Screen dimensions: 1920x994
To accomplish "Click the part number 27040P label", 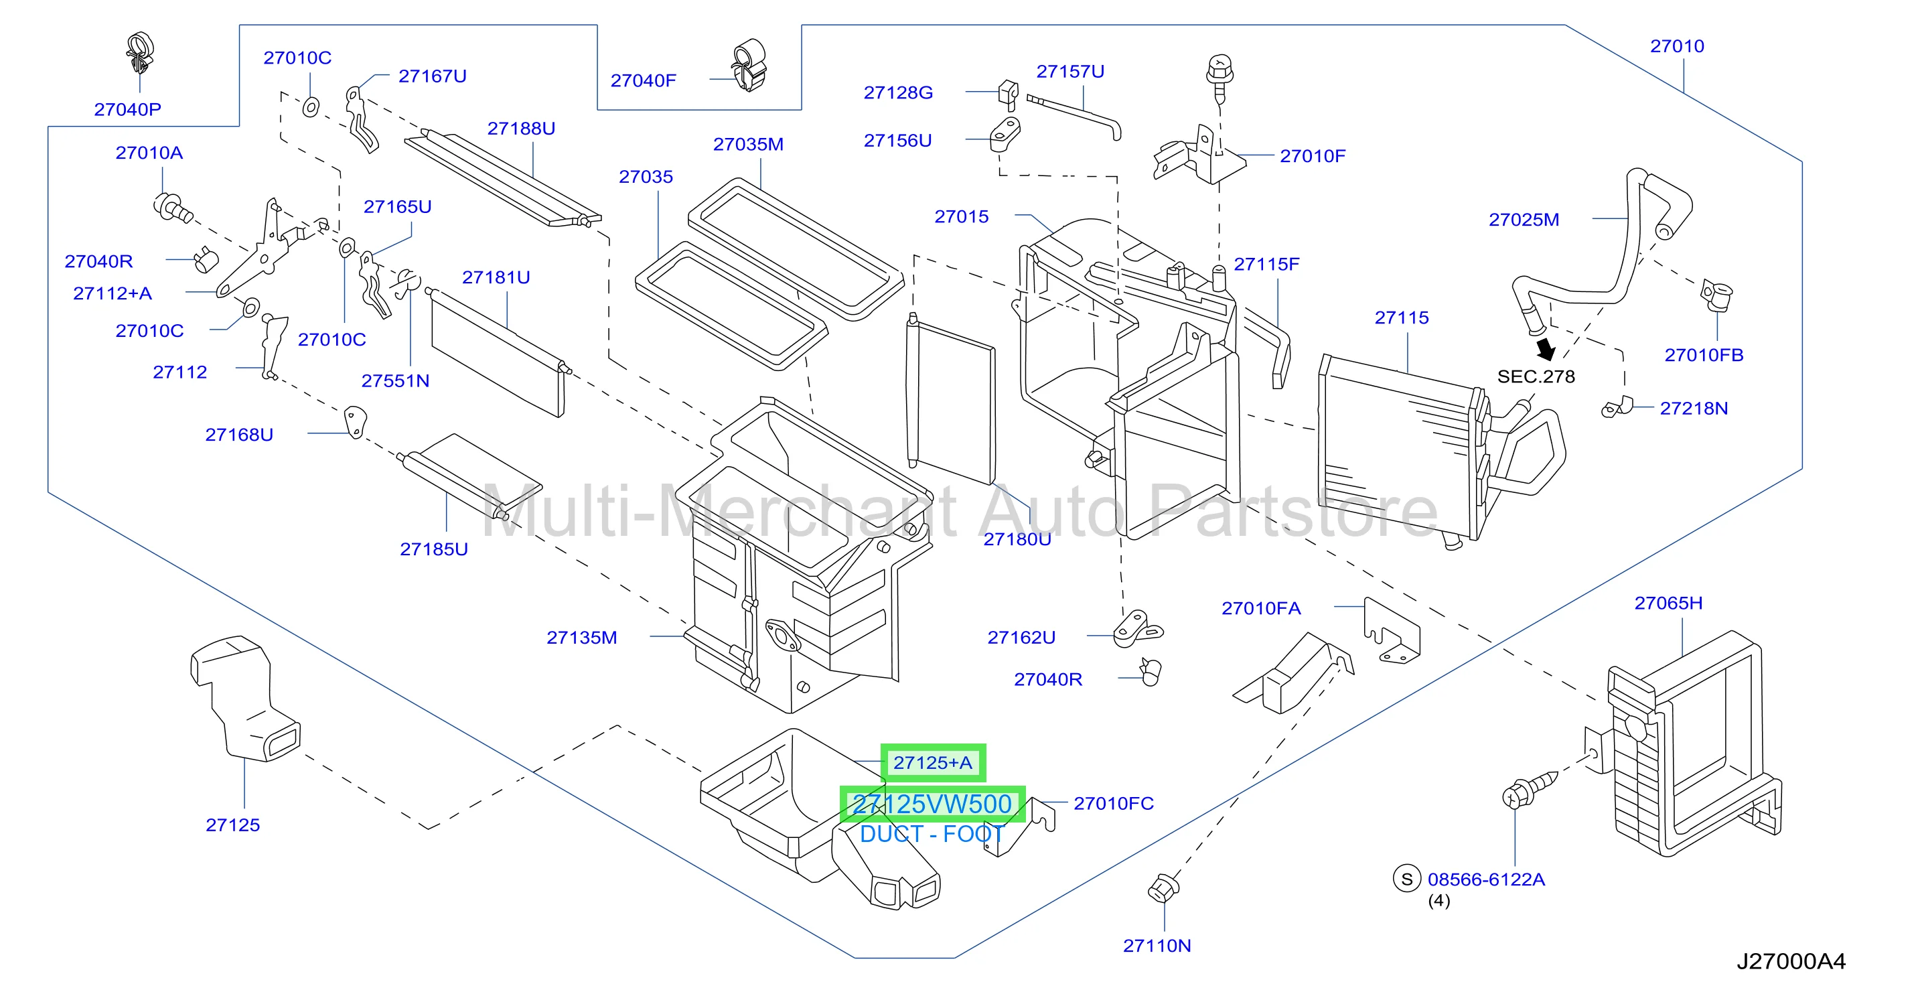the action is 127,110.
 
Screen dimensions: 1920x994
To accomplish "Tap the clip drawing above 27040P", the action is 139,53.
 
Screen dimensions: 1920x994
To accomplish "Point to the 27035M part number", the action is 748,144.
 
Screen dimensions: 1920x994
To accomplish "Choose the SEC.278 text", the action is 1536,376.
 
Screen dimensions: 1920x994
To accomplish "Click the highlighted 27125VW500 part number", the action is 932,804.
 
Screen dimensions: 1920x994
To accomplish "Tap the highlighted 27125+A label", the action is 933,763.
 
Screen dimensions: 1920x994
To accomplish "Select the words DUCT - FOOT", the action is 932,834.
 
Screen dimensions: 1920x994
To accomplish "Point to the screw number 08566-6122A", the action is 1486,879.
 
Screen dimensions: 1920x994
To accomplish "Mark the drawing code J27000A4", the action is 1791,961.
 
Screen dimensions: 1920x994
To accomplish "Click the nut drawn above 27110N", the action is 1163,887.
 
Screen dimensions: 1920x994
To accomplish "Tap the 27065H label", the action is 1668,603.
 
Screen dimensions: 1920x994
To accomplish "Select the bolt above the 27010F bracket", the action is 1220,77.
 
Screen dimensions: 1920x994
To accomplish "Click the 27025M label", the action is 1524,219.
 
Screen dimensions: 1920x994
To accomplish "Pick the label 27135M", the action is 581,638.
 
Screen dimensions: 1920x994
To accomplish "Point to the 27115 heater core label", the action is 1401,317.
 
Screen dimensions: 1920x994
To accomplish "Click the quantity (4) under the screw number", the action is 1438,901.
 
